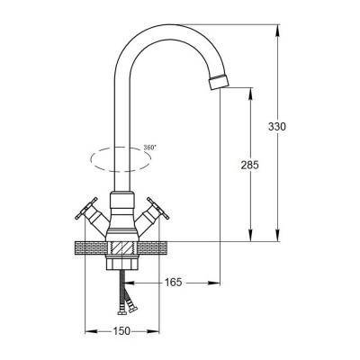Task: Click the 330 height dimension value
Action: (x=277, y=127)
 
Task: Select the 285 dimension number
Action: (x=249, y=165)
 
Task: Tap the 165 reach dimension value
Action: (x=174, y=282)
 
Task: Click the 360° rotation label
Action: (x=149, y=148)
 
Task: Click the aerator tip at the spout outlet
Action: (x=218, y=82)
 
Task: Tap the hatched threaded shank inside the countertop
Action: (x=122, y=248)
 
